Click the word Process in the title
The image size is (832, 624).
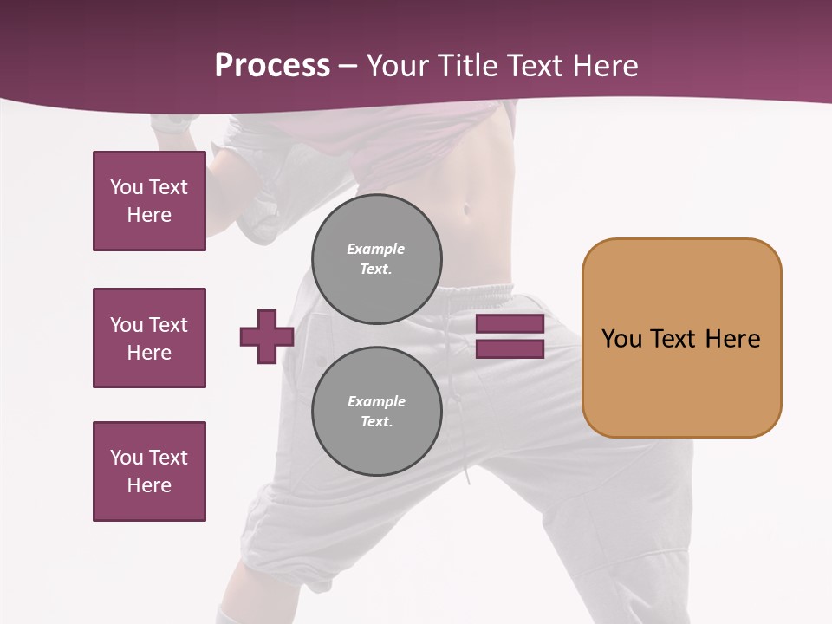click(272, 66)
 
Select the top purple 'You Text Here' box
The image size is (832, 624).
click(149, 201)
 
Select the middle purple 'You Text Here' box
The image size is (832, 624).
click(149, 338)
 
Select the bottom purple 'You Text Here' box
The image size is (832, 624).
click(149, 471)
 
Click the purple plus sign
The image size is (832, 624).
click(266, 336)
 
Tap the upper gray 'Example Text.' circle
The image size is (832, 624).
click(376, 258)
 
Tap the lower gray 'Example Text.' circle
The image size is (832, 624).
click(376, 411)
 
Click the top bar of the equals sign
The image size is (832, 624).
click(510, 324)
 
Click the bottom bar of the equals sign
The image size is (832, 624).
click(510, 349)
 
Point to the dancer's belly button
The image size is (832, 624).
click(469, 210)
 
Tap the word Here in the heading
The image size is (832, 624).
click(603, 66)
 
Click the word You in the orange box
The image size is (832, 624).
click(621, 339)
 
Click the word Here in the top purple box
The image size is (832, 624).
click(149, 215)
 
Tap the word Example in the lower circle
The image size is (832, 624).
click(376, 401)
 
